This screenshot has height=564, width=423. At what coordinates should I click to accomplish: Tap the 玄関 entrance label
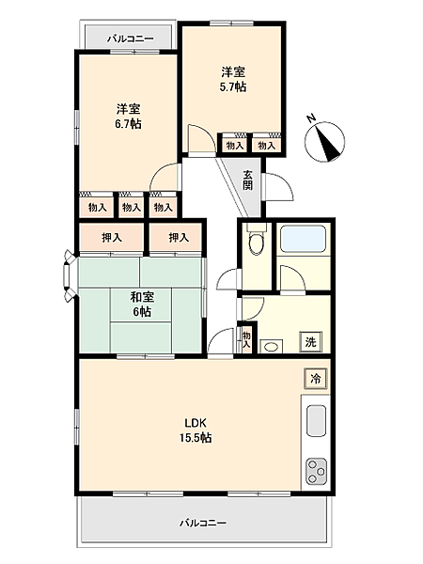[x=247, y=179]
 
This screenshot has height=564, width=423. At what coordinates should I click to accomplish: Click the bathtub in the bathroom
[x=304, y=241]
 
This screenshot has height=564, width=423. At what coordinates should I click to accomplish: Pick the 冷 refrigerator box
[x=315, y=378]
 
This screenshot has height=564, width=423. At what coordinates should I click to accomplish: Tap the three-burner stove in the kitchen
[x=316, y=466]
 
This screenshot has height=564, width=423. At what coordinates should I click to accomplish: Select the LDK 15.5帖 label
[x=197, y=430]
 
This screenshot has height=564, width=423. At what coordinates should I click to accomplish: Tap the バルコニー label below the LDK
[x=204, y=523]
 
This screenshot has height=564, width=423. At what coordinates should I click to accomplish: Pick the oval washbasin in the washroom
[x=270, y=346]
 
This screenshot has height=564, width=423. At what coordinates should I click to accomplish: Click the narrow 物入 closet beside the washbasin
[x=245, y=338]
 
